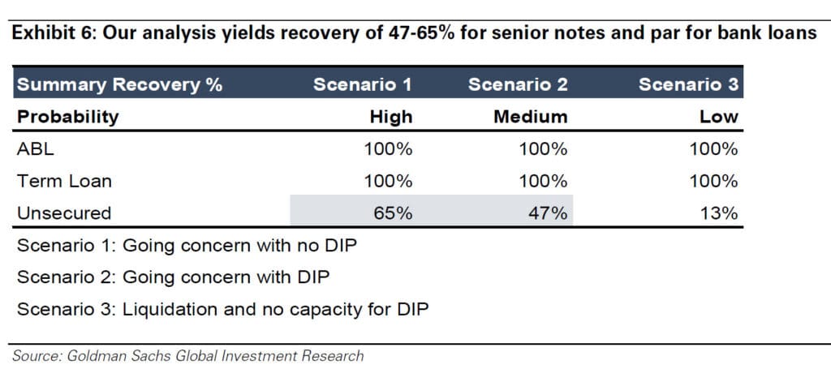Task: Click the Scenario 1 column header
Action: point(364,84)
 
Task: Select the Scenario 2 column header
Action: point(518,84)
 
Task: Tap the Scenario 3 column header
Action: point(688,84)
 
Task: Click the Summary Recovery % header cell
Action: point(119,84)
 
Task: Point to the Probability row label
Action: point(68,116)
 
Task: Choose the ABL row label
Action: point(35,149)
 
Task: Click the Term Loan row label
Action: point(65,181)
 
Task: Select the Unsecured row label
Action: point(64,213)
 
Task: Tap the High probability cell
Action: point(391,116)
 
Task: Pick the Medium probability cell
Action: point(531,116)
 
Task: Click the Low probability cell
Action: point(721,116)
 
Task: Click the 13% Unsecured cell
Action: point(718,213)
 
